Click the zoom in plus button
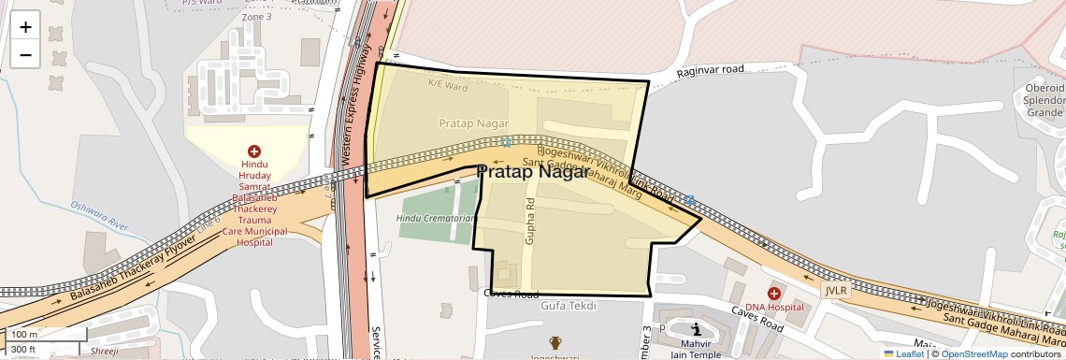click(25, 27)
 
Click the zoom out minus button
click(25, 54)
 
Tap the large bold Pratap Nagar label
click(533, 172)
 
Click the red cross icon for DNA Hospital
click(774, 294)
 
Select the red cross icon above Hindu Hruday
click(253, 151)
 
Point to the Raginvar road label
click(710, 70)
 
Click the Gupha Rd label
click(530, 222)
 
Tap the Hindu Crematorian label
click(437, 218)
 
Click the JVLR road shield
click(836, 291)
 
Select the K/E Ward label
click(447, 85)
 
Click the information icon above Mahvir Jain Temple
click(697, 329)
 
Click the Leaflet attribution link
click(903, 353)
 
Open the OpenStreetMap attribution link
click(973, 353)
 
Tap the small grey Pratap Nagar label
click(473, 123)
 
